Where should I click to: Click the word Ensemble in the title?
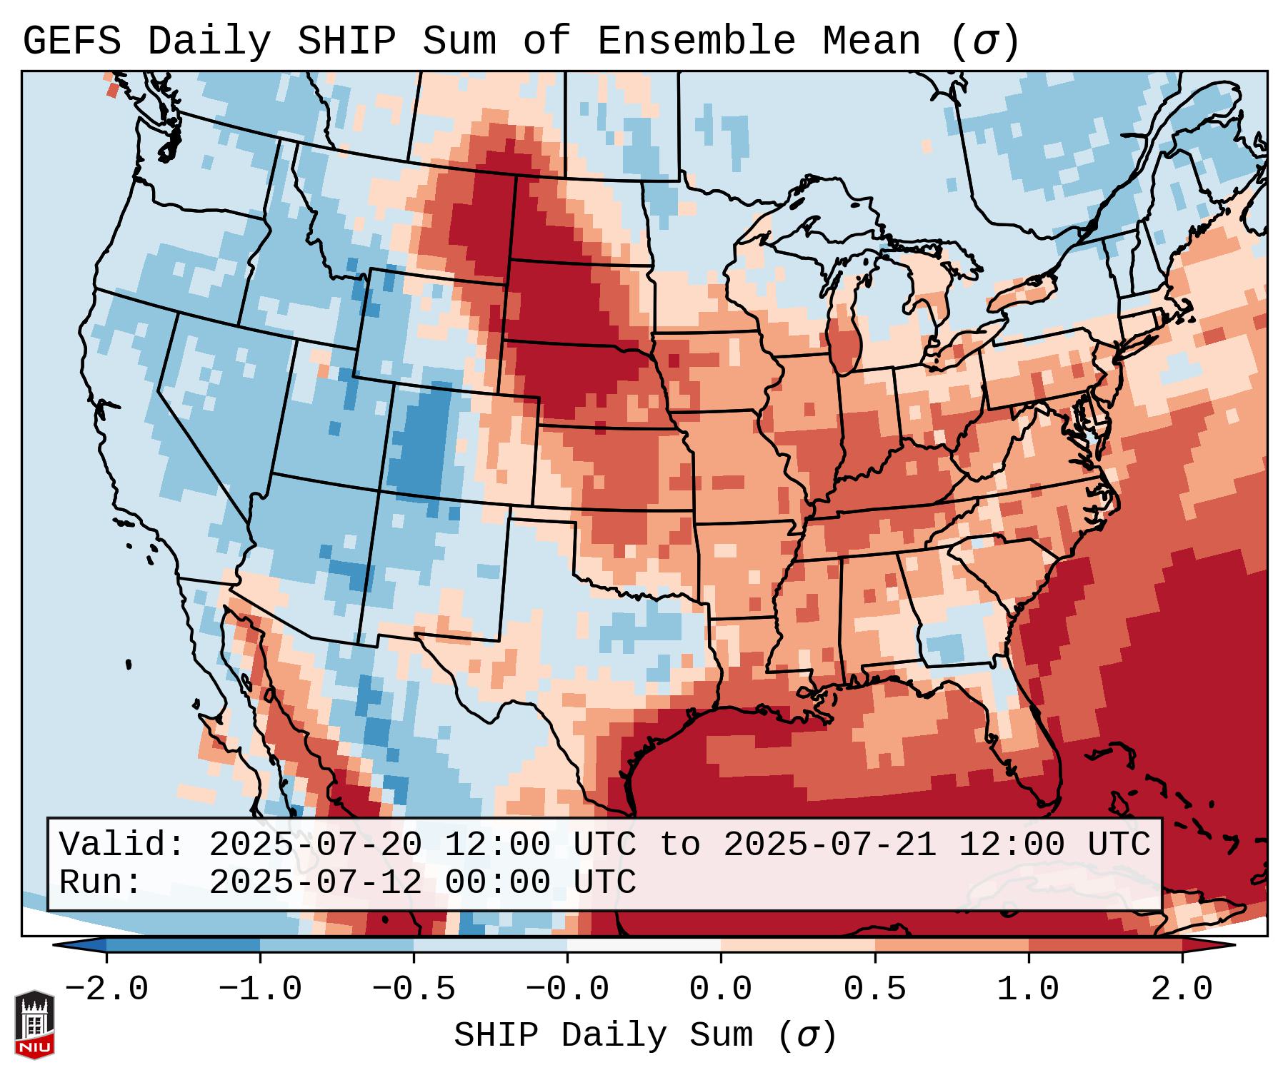point(696,41)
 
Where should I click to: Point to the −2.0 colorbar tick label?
point(106,989)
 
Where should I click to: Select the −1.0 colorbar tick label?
point(260,989)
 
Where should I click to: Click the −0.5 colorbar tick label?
point(414,989)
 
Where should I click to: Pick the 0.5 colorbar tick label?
point(874,989)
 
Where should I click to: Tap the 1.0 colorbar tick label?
point(1028,989)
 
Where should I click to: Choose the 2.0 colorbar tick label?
point(1182,989)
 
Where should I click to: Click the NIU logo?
point(34,1024)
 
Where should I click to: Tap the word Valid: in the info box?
point(122,844)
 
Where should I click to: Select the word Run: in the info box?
point(101,883)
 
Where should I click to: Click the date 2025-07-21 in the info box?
point(829,844)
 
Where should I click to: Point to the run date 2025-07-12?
point(315,883)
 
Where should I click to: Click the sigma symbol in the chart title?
point(984,43)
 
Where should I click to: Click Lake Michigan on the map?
point(844,335)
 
